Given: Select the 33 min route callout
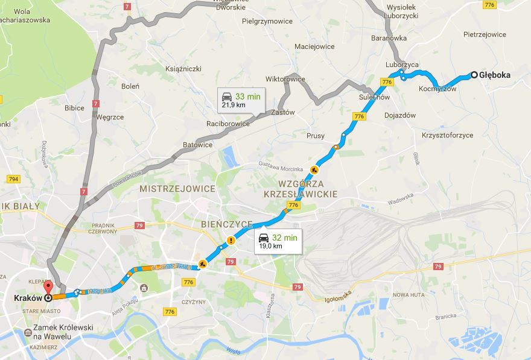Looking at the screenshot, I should tap(240, 99).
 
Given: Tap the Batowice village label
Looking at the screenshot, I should tap(198, 145).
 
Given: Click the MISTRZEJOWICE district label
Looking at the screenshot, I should tap(177, 189).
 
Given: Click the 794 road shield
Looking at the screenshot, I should tap(13, 179).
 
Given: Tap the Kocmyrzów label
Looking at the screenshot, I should tap(437, 89).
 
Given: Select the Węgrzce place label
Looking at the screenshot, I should tap(110, 117).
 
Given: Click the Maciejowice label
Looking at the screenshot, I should tap(314, 46).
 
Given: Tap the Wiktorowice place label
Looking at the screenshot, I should tap(285, 79).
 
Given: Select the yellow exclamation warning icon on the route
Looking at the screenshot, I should tap(231, 241).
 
